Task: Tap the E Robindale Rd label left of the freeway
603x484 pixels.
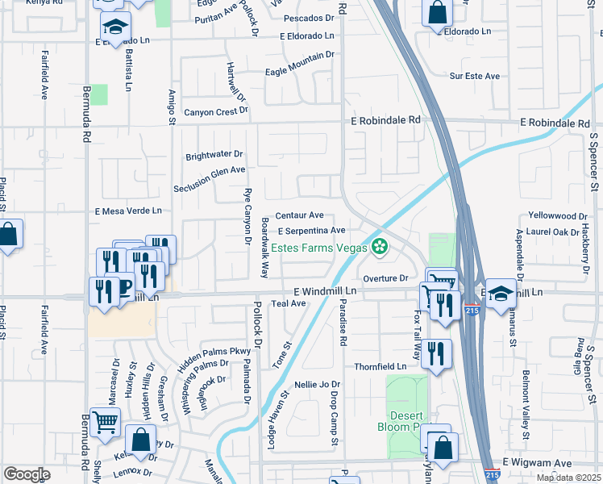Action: tap(385, 119)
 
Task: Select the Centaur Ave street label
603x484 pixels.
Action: tap(299, 215)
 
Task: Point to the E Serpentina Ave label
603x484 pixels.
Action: tap(312, 231)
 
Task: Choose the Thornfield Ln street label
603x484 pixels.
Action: tap(381, 366)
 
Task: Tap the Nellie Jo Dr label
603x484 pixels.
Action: tap(318, 385)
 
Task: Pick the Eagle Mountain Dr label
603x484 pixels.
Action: tap(300, 65)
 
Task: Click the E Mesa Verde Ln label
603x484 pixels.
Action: tap(128, 211)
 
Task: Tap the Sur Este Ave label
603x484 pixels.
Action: tap(475, 76)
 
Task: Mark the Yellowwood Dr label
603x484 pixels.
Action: tap(558, 216)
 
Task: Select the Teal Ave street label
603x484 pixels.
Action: tap(289, 303)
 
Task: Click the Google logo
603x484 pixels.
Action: tap(27, 474)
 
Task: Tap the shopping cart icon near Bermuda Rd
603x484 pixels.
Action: tap(106, 422)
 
